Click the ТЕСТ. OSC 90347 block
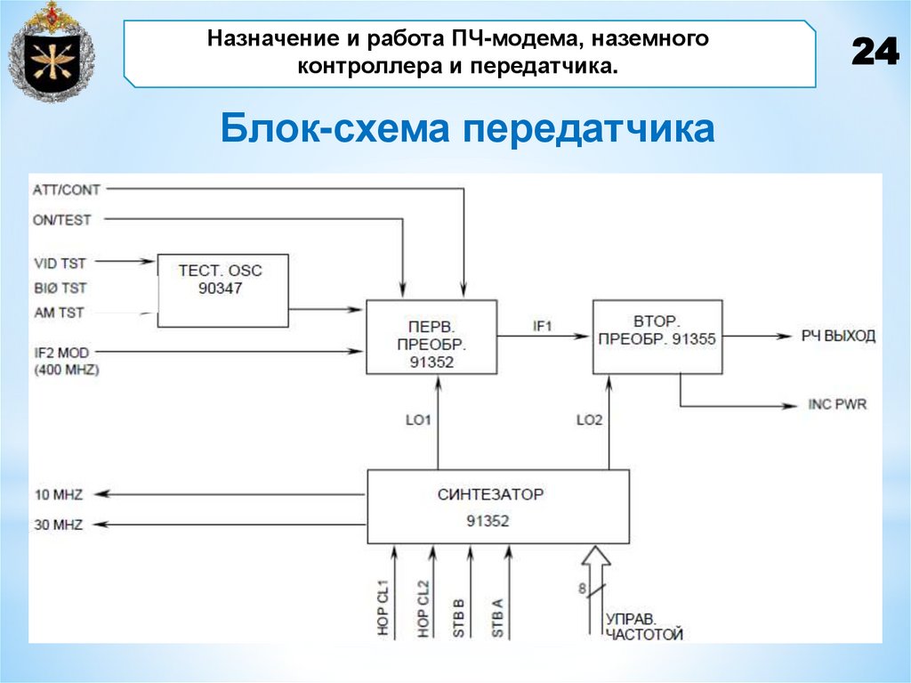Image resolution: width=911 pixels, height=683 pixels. coord(222,280)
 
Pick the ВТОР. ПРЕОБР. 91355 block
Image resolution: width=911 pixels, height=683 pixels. coord(657,337)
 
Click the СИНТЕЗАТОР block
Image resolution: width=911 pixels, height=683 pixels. coord(498,507)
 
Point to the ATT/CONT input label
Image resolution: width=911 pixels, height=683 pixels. coord(67,189)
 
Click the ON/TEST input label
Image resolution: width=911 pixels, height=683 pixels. coord(62,219)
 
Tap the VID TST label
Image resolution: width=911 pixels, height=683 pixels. coord(60,263)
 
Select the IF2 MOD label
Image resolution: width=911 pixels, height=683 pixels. coord(61,352)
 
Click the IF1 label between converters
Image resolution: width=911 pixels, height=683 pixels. coord(543,326)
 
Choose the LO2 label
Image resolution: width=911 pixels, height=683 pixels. coord(588,419)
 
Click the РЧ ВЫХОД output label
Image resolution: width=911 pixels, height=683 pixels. coord(838,336)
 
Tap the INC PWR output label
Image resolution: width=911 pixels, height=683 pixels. coord(837,404)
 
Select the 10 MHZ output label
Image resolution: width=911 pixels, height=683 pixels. coord(59,495)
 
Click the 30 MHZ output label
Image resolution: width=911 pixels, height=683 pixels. coord(59,524)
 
